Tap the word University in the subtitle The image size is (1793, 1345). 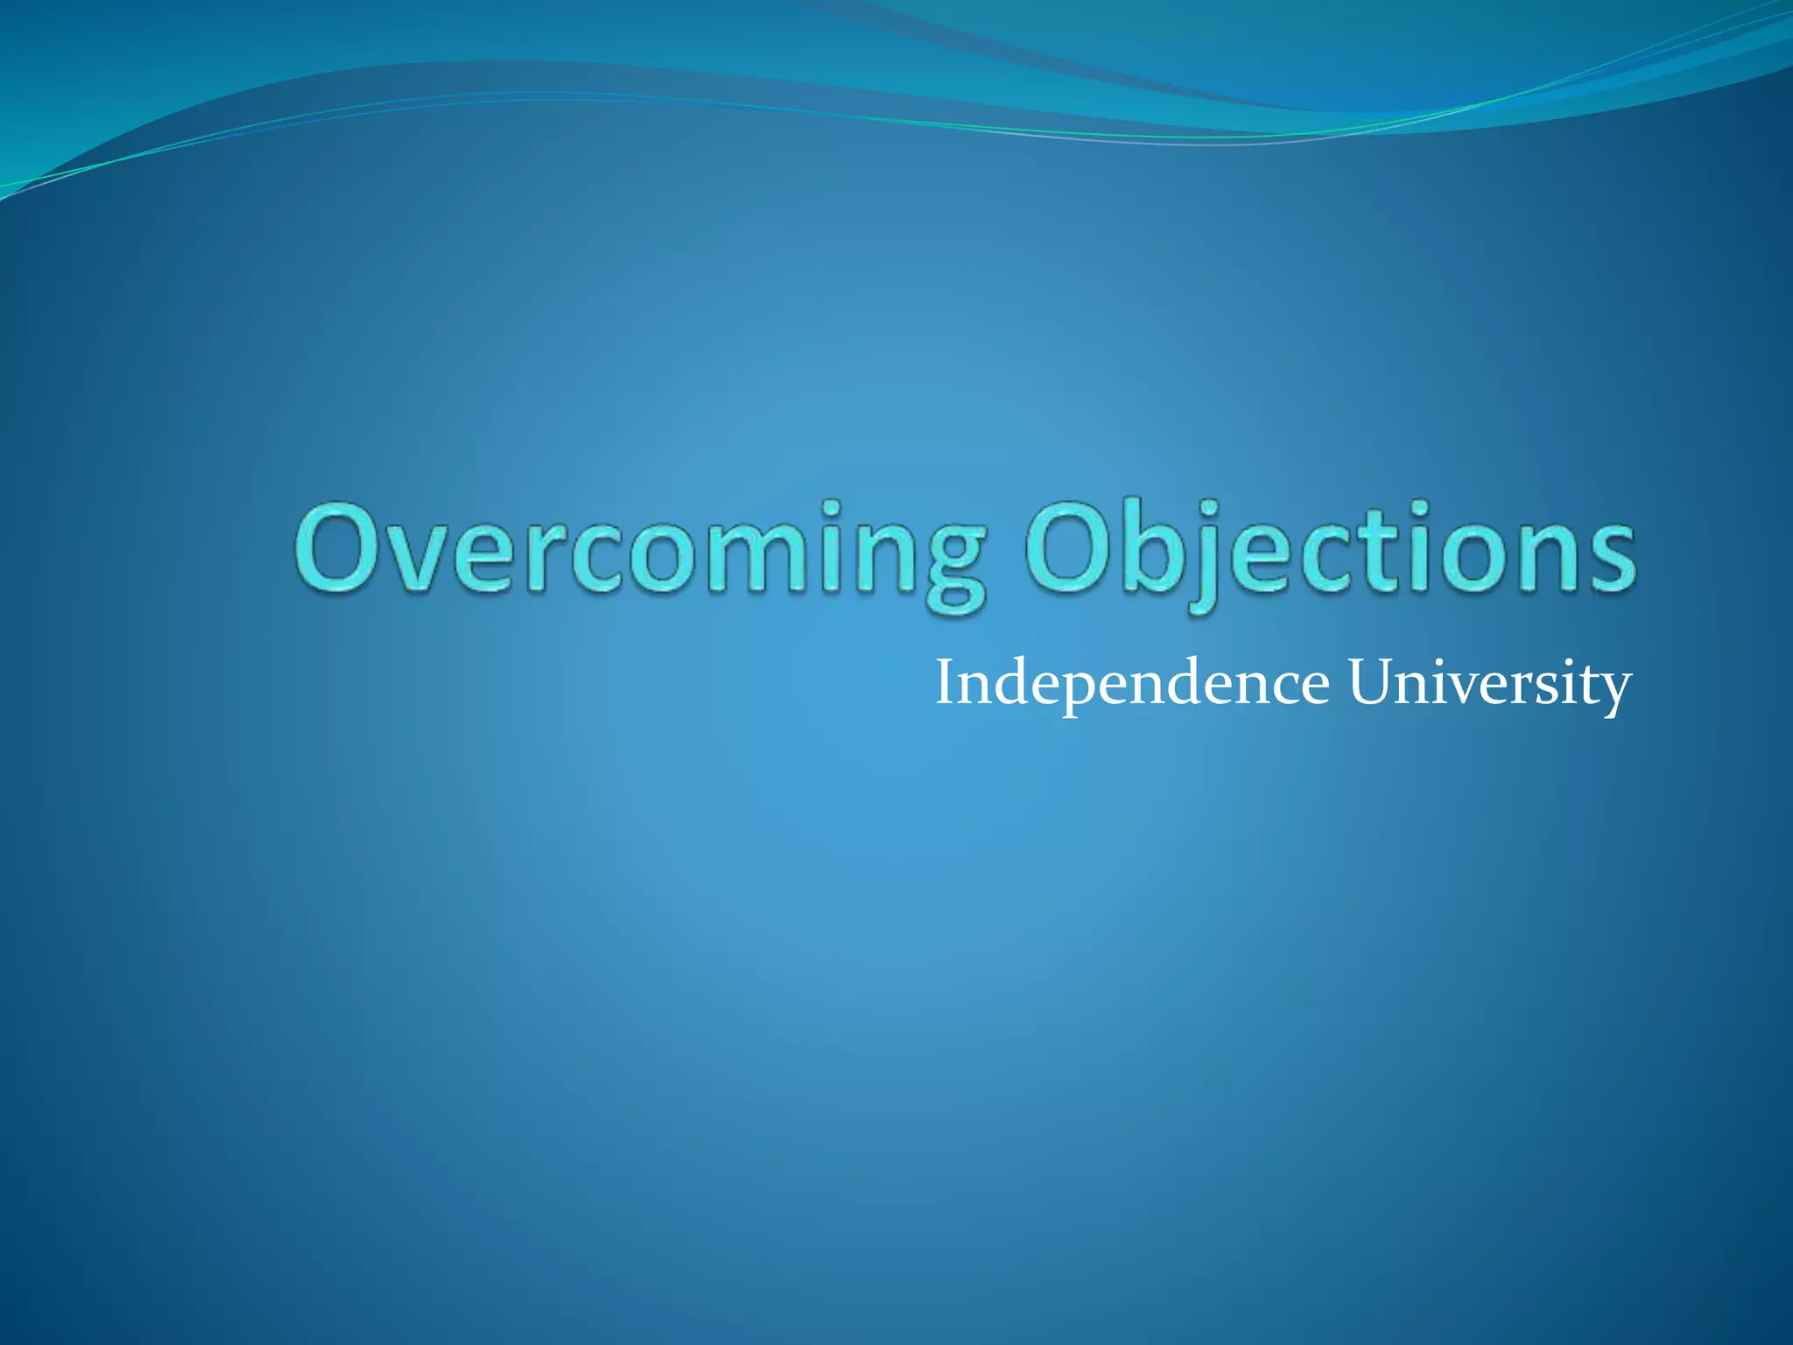pyautogui.click(x=1488, y=684)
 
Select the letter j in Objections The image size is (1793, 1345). pyautogui.click(x=1204, y=560)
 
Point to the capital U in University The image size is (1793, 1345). pyautogui.click(x=1371, y=684)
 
